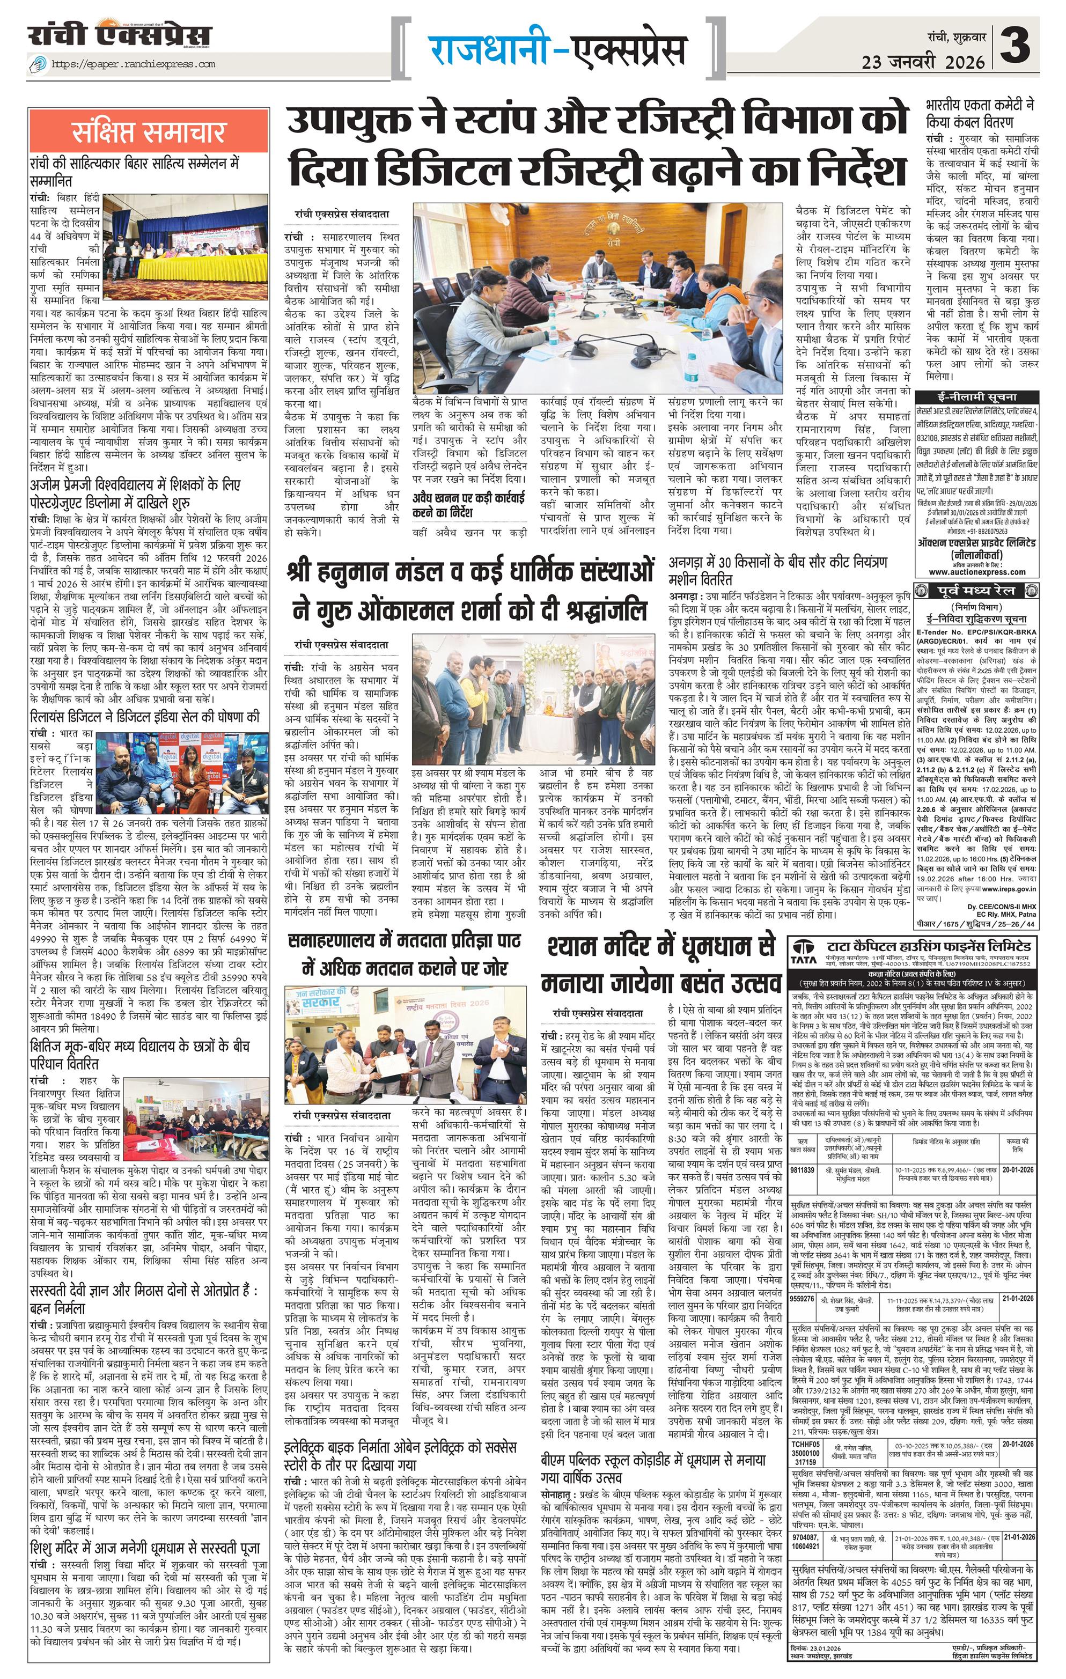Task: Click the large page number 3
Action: (x=1019, y=46)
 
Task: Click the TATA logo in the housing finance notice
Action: (x=804, y=953)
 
